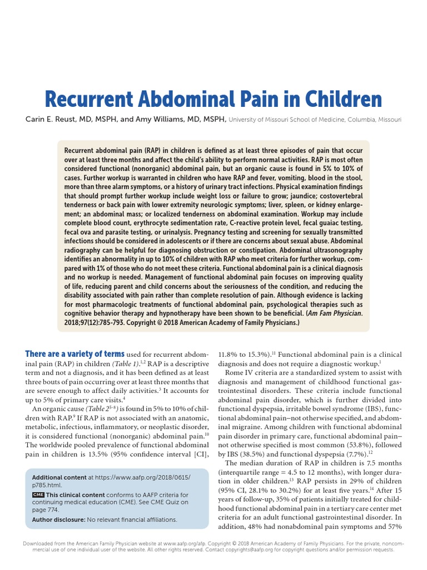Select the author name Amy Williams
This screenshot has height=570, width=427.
172,119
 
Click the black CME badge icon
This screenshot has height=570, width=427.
38,494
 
